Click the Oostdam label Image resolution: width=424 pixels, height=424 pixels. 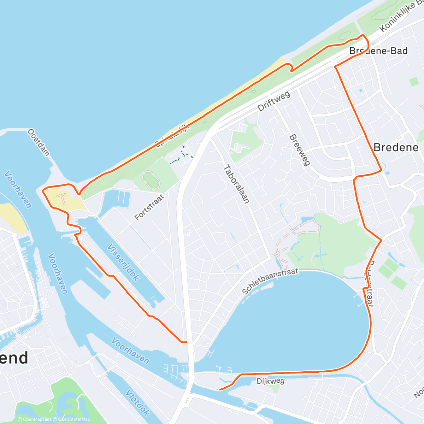coord(39,142)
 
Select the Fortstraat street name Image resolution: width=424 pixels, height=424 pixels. coord(149,207)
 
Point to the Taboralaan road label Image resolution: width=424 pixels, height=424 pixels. coord(236,184)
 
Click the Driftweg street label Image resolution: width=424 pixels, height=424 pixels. coord(274,101)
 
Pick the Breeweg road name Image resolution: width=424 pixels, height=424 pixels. coord(299,150)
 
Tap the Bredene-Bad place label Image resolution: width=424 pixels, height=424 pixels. coord(378,51)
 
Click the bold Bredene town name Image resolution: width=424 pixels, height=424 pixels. coord(396,147)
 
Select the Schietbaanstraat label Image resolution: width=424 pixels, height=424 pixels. coord(270,281)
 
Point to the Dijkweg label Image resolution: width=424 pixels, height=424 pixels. coord(270,381)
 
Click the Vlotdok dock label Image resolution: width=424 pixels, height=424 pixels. coord(137,403)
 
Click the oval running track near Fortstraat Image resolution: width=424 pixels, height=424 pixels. coord(151,180)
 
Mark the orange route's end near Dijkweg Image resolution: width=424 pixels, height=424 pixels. coord(220,389)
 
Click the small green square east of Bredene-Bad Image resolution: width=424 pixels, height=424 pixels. coord(414,82)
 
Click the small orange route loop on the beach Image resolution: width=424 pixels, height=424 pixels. coord(290,67)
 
